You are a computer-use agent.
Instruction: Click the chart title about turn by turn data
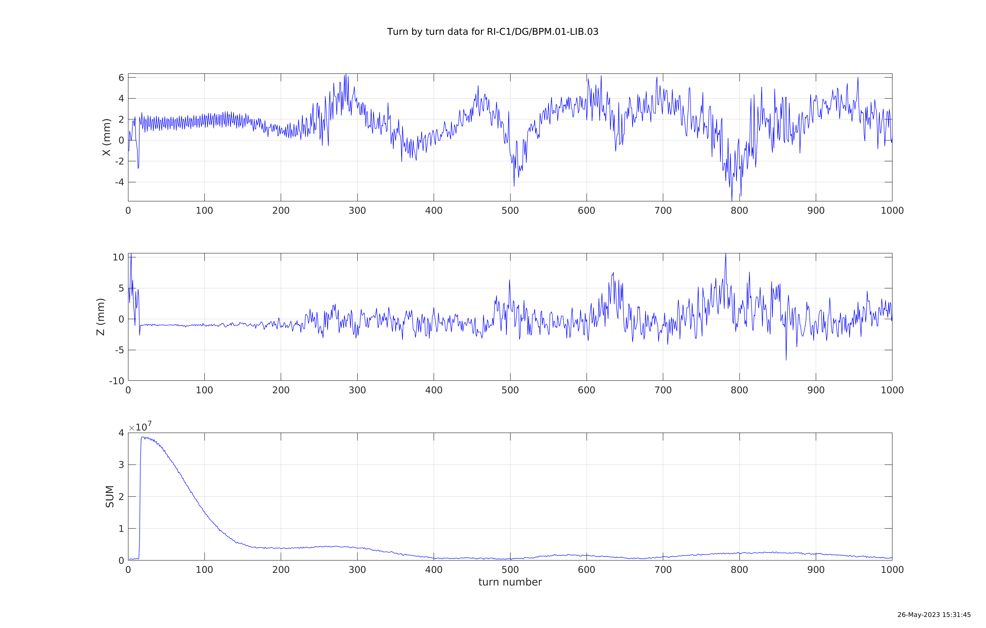pos(493,32)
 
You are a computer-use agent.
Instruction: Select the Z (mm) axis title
pos(100,317)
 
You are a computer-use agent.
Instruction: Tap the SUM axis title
pos(110,496)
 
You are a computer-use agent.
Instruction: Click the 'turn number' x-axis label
pos(510,582)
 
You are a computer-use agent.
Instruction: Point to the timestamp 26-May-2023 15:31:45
pos(934,614)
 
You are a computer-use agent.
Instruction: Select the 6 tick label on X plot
pos(121,78)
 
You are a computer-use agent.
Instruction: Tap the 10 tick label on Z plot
pos(118,257)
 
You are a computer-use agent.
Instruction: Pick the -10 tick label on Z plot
pos(116,381)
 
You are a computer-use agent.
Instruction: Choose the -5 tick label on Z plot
pos(119,350)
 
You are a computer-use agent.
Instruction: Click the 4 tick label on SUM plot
pos(121,433)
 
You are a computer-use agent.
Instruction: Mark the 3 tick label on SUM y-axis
pos(121,465)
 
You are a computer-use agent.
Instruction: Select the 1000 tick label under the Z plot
pos(892,390)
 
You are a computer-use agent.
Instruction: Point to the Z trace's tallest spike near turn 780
pos(726,254)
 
